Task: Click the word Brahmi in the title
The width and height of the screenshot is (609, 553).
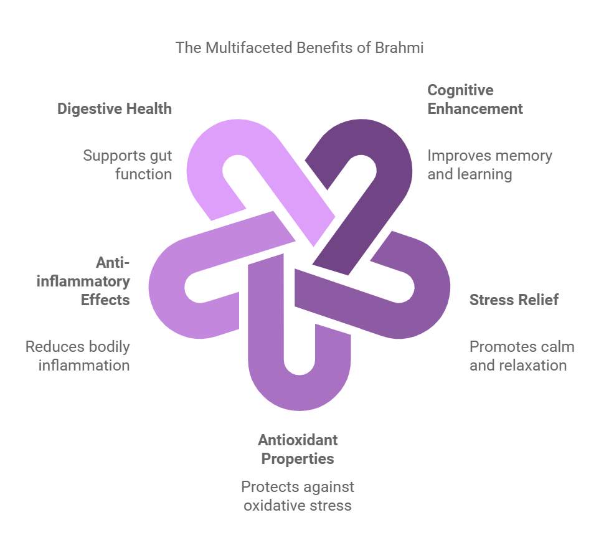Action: (399, 48)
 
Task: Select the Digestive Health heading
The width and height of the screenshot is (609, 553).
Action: (115, 109)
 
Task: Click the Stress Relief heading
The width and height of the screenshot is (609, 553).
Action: (514, 300)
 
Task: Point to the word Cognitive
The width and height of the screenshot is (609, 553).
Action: (460, 90)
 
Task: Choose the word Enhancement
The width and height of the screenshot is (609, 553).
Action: (475, 109)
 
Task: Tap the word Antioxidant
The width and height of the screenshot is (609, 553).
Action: (298, 440)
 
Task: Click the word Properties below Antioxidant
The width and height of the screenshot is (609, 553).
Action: (298, 459)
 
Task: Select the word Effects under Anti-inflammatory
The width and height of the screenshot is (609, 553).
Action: (105, 300)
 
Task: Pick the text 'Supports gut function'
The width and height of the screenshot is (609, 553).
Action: (128, 165)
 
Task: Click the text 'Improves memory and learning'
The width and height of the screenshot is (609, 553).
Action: (490, 165)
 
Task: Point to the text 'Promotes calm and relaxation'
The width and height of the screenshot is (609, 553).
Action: (522, 356)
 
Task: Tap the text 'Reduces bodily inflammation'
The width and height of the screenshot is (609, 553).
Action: (78, 356)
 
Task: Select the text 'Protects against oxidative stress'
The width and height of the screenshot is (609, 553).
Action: (298, 496)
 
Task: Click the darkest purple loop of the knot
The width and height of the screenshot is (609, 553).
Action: (389, 163)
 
